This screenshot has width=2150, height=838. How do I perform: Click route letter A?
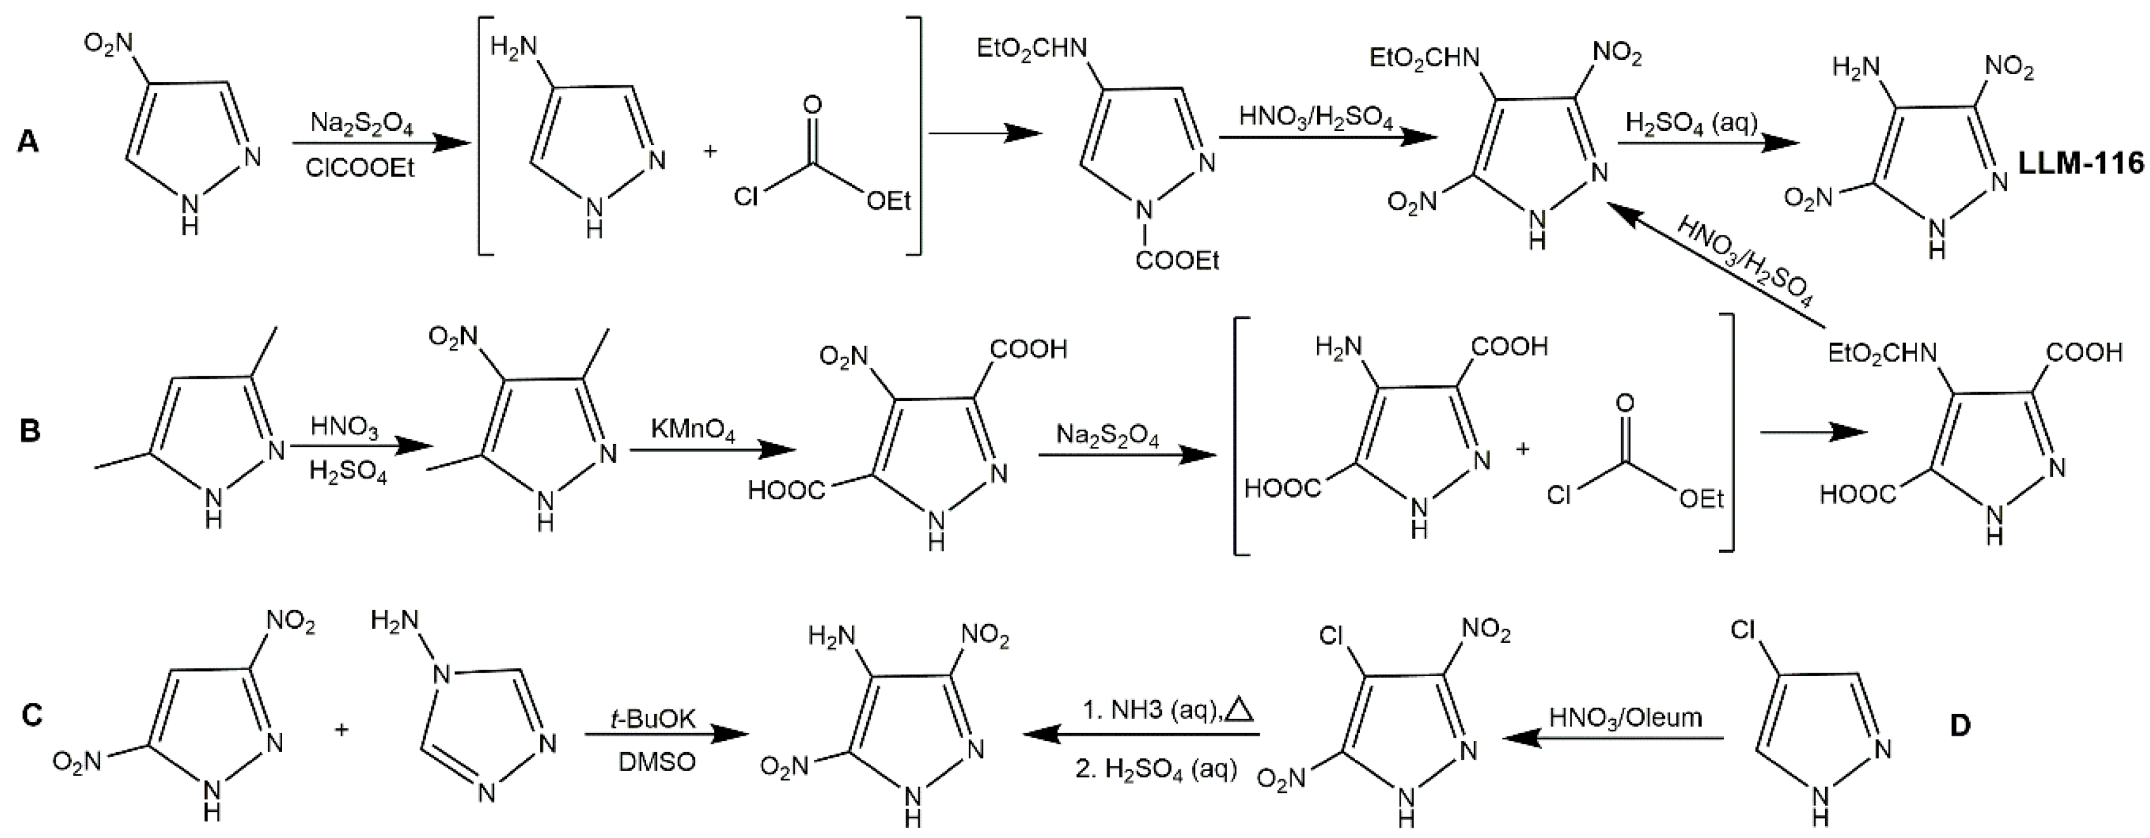27,143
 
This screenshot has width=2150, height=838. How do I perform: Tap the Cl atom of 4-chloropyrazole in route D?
1743,629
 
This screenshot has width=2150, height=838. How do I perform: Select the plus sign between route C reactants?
341,730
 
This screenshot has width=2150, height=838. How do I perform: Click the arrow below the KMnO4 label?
710,452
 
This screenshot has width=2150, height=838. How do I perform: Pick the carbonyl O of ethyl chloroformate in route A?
812,105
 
